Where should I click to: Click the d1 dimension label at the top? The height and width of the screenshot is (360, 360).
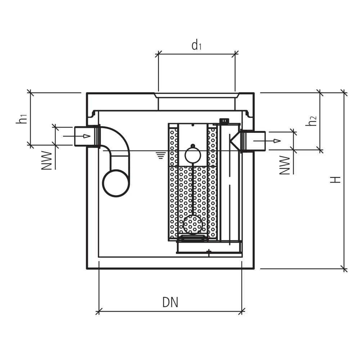coord(196,46)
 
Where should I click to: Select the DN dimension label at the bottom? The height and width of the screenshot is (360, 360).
coord(170,302)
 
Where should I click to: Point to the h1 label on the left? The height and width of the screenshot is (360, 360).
coord(22,118)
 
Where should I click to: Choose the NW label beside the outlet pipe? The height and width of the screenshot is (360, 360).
coord(285,165)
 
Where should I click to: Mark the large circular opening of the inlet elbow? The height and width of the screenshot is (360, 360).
coord(116,183)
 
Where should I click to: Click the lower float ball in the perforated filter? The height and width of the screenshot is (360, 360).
coord(193,224)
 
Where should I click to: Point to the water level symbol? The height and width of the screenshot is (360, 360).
coord(161,155)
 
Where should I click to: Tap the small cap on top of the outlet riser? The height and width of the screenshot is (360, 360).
coord(224,121)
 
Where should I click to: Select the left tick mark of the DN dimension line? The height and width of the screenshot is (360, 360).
coord(99,310)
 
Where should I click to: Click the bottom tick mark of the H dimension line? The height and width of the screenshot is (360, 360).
coord(345,268)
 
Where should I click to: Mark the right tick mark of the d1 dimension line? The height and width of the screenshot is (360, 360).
coord(235,54)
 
